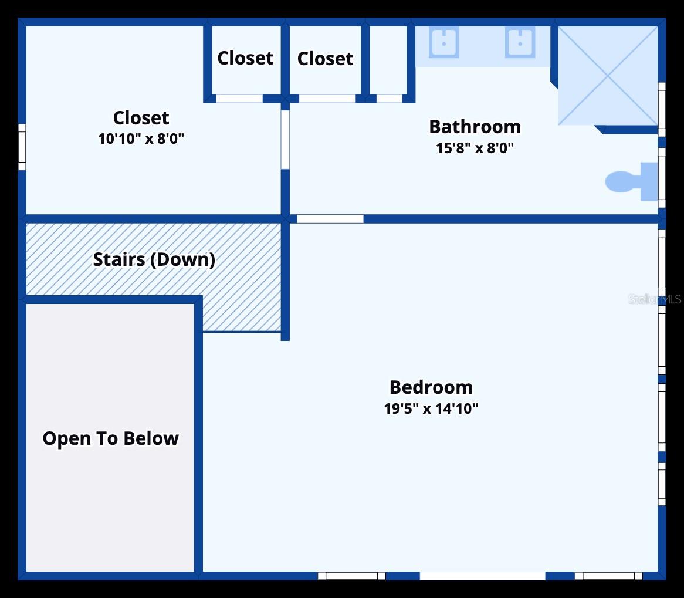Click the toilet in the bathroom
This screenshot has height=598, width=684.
click(x=631, y=181)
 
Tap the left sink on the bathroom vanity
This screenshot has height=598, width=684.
click(x=443, y=42)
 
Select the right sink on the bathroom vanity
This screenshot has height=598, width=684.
click(x=520, y=42)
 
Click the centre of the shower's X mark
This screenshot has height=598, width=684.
click(x=608, y=76)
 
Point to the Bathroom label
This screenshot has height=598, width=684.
click(x=475, y=127)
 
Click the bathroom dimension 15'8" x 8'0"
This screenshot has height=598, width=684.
click(x=475, y=148)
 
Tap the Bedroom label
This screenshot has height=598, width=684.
click(x=431, y=387)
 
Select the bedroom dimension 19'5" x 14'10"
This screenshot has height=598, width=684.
click(x=431, y=408)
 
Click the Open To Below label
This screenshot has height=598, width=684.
click(x=110, y=438)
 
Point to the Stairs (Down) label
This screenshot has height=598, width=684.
click(x=154, y=260)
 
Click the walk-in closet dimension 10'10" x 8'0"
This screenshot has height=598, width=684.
click(x=141, y=139)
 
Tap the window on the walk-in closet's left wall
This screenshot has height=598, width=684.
click(x=22, y=147)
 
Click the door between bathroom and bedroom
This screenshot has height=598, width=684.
click(x=330, y=219)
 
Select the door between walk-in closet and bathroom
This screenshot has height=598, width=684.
click(x=285, y=140)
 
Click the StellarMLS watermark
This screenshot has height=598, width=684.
click(x=654, y=299)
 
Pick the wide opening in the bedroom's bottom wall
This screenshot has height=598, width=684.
click(x=482, y=576)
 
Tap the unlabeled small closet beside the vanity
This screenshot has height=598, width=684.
click(x=388, y=60)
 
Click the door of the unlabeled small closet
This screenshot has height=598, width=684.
click(x=389, y=99)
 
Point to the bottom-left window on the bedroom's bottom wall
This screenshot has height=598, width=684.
click(x=351, y=576)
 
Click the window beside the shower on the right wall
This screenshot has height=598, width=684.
click(x=662, y=110)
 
